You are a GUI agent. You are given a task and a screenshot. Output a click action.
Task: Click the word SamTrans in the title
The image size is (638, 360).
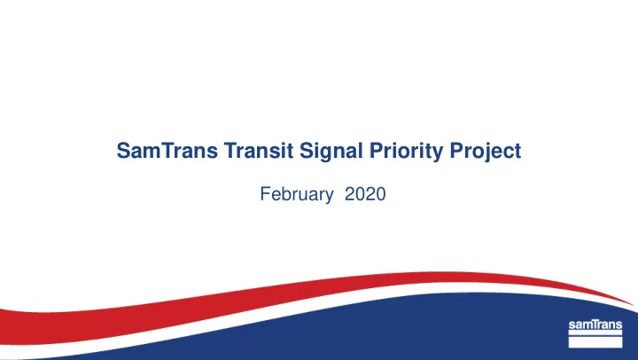pos(167,150)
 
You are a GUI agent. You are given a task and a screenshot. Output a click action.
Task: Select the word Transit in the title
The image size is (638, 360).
pos(259,150)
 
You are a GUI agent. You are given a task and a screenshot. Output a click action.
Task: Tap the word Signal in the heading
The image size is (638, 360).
pos(331,152)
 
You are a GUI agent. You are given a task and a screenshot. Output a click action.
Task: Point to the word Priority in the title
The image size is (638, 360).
pos(406,152)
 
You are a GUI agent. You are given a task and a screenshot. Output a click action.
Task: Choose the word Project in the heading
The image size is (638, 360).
pos(486,152)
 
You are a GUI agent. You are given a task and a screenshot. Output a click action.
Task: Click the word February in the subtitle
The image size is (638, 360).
pos(297,195)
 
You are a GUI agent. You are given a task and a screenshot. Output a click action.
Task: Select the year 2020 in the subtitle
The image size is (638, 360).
pos(365,194)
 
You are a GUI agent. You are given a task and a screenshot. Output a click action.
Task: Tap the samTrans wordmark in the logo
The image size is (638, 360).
pos(595,325)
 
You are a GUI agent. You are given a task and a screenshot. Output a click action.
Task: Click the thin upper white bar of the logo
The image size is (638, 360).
pos(595,333)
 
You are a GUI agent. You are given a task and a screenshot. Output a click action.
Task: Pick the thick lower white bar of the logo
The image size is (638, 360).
pos(595,342)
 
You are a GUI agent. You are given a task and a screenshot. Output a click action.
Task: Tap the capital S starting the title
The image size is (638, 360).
pos(123,150)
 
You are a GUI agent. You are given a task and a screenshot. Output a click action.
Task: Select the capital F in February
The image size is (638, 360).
pos(265,194)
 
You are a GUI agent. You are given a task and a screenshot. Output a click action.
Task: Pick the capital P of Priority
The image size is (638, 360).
pos(377,150)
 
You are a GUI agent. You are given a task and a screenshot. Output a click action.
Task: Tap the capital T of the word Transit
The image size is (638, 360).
pos(230,150)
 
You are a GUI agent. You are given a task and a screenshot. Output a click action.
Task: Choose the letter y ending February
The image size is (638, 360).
pos(329,197)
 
